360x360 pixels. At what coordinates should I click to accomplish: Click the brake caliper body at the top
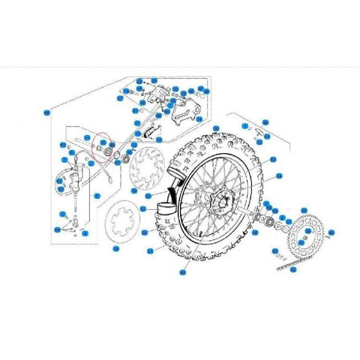(x=157, y=97)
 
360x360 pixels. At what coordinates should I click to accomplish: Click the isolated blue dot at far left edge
(x=46, y=112)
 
